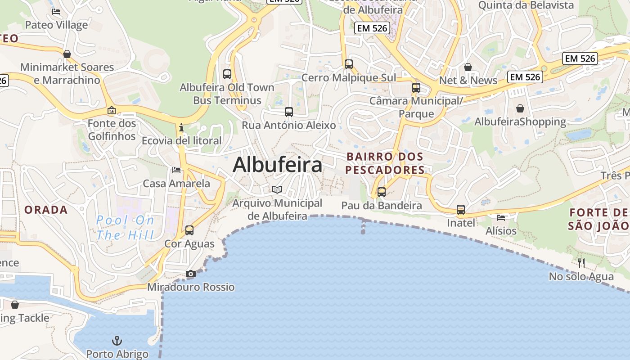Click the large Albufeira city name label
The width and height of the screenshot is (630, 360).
(x=278, y=165)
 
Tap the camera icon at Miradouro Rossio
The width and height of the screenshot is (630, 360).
(x=191, y=274)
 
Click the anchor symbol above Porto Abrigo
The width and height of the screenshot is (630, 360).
(x=117, y=340)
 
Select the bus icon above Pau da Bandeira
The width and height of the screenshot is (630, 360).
(x=382, y=192)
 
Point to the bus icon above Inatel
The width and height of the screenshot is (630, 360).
(x=461, y=209)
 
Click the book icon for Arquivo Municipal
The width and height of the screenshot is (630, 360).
(x=277, y=190)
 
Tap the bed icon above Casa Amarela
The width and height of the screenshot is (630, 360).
(x=176, y=170)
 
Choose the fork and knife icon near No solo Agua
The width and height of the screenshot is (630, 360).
(x=581, y=262)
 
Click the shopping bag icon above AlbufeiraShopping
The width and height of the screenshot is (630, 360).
(x=520, y=108)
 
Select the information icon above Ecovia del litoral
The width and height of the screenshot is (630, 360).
(x=181, y=127)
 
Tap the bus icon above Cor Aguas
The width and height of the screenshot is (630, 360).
(x=189, y=230)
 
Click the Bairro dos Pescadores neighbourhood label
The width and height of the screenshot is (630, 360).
(x=385, y=163)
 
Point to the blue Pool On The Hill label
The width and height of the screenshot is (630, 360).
(x=125, y=228)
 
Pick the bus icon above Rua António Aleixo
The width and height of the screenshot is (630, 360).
(x=289, y=112)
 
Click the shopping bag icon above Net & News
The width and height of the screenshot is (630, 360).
(x=468, y=67)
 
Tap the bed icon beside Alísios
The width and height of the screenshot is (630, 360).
(x=501, y=217)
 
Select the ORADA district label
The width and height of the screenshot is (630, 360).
(x=46, y=210)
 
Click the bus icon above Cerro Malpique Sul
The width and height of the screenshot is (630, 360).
(x=349, y=64)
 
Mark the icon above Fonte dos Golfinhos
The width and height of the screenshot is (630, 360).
(x=112, y=110)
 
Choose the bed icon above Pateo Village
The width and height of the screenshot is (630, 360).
(x=56, y=12)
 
